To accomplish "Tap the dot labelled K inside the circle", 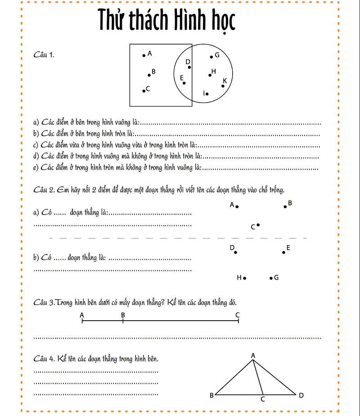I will tap(223, 85).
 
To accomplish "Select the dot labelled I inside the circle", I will tap(207, 94).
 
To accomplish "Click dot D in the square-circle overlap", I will tap(189, 67).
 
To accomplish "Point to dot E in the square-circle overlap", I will tap(184, 83).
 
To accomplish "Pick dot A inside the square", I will tap(144, 56).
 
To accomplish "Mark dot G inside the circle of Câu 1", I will tap(211, 57).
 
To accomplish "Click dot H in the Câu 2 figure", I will tap(244, 278).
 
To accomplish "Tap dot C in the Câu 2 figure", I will tap(258, 224).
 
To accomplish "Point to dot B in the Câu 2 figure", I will tap(285, 207).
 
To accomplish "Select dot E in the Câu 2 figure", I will tap(283, 252).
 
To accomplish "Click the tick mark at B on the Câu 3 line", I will tap(122, 321).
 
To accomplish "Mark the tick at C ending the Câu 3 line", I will tap(238, 321).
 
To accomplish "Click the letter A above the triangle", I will tap(252, 356).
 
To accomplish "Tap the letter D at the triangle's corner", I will tap(301, 395).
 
